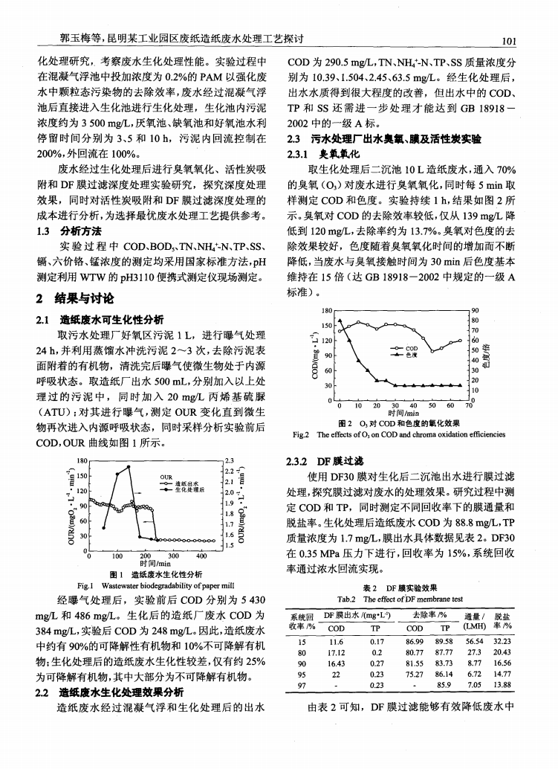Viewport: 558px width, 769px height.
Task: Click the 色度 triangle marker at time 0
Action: (x=339, y=321)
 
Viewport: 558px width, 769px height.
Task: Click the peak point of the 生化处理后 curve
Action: (x=129, y=467)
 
